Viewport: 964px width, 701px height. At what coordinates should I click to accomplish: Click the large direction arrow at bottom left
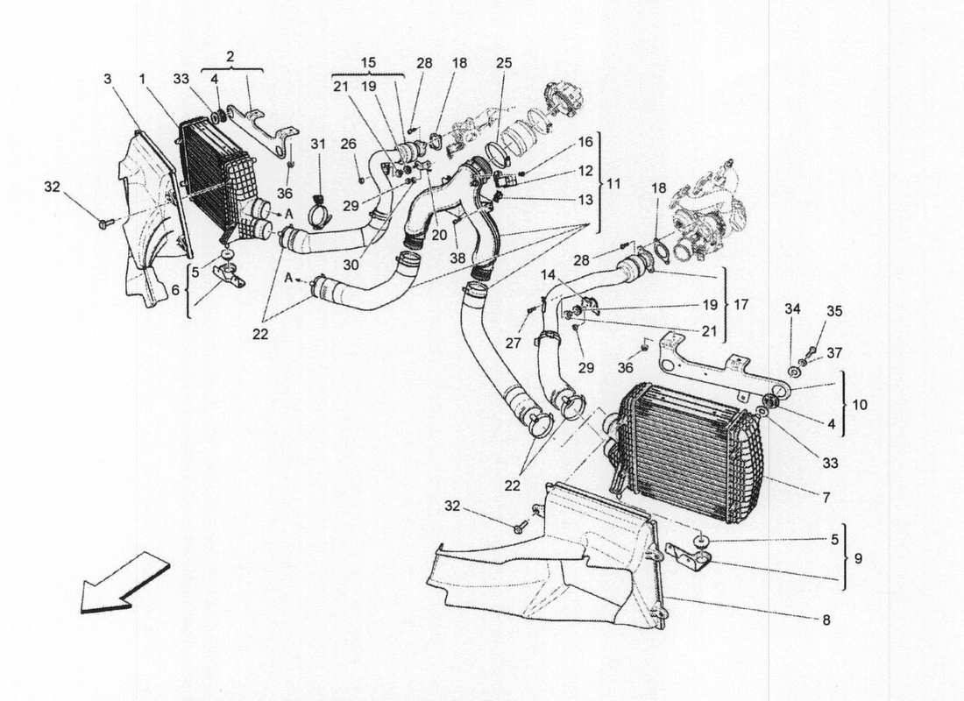click(x=124, y=583)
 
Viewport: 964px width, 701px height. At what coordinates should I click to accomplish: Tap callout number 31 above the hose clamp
click(x=317, y=145)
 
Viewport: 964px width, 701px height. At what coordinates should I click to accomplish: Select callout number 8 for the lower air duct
click(x=826, y=620)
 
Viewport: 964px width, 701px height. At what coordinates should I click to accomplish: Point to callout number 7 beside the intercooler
click(x=826, y=497)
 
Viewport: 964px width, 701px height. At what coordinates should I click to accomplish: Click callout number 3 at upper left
click(x=108, y=80)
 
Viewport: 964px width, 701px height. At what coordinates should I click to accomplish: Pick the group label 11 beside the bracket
click(x=613, y=183)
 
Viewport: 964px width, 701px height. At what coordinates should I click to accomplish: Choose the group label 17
click(x=741, y=304)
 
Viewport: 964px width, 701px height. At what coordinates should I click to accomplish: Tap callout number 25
click(x=504, y=63)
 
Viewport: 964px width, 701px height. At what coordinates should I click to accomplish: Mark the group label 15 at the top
click(x=368, y=63)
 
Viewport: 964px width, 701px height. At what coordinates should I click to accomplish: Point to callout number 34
click(x=792, y=309)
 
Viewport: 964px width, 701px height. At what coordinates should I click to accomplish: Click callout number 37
click(x=833, y=353)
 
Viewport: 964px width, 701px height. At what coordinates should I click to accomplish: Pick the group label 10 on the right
click(x=859, y=405)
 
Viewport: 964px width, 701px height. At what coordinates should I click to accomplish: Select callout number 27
click(x=513, y=343)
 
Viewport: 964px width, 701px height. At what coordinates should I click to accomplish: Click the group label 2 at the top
click(x=230, y=57)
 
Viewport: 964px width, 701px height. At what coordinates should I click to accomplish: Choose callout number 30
click(x=351, y=265)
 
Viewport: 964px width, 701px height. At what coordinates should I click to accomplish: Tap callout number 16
click(x=585, y=142)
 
